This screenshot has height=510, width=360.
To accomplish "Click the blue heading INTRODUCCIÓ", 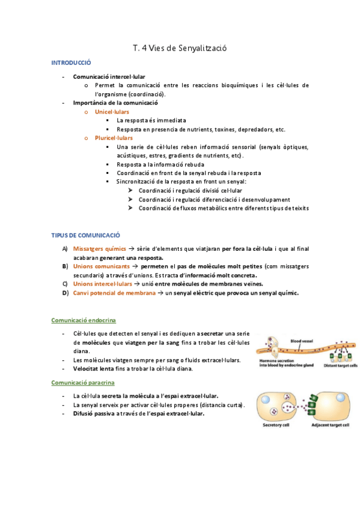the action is [71, 63].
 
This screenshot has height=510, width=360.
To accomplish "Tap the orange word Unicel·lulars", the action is [112, 112].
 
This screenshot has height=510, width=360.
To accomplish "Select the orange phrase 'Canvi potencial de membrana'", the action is [114, 293].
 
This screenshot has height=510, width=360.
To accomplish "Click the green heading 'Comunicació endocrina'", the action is [84, 320].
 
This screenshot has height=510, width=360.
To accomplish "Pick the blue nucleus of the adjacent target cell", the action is [343, 399].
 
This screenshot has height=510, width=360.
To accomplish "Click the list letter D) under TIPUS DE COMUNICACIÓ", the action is [64, 293].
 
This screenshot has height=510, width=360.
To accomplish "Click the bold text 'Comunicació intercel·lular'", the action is [109, 77].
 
